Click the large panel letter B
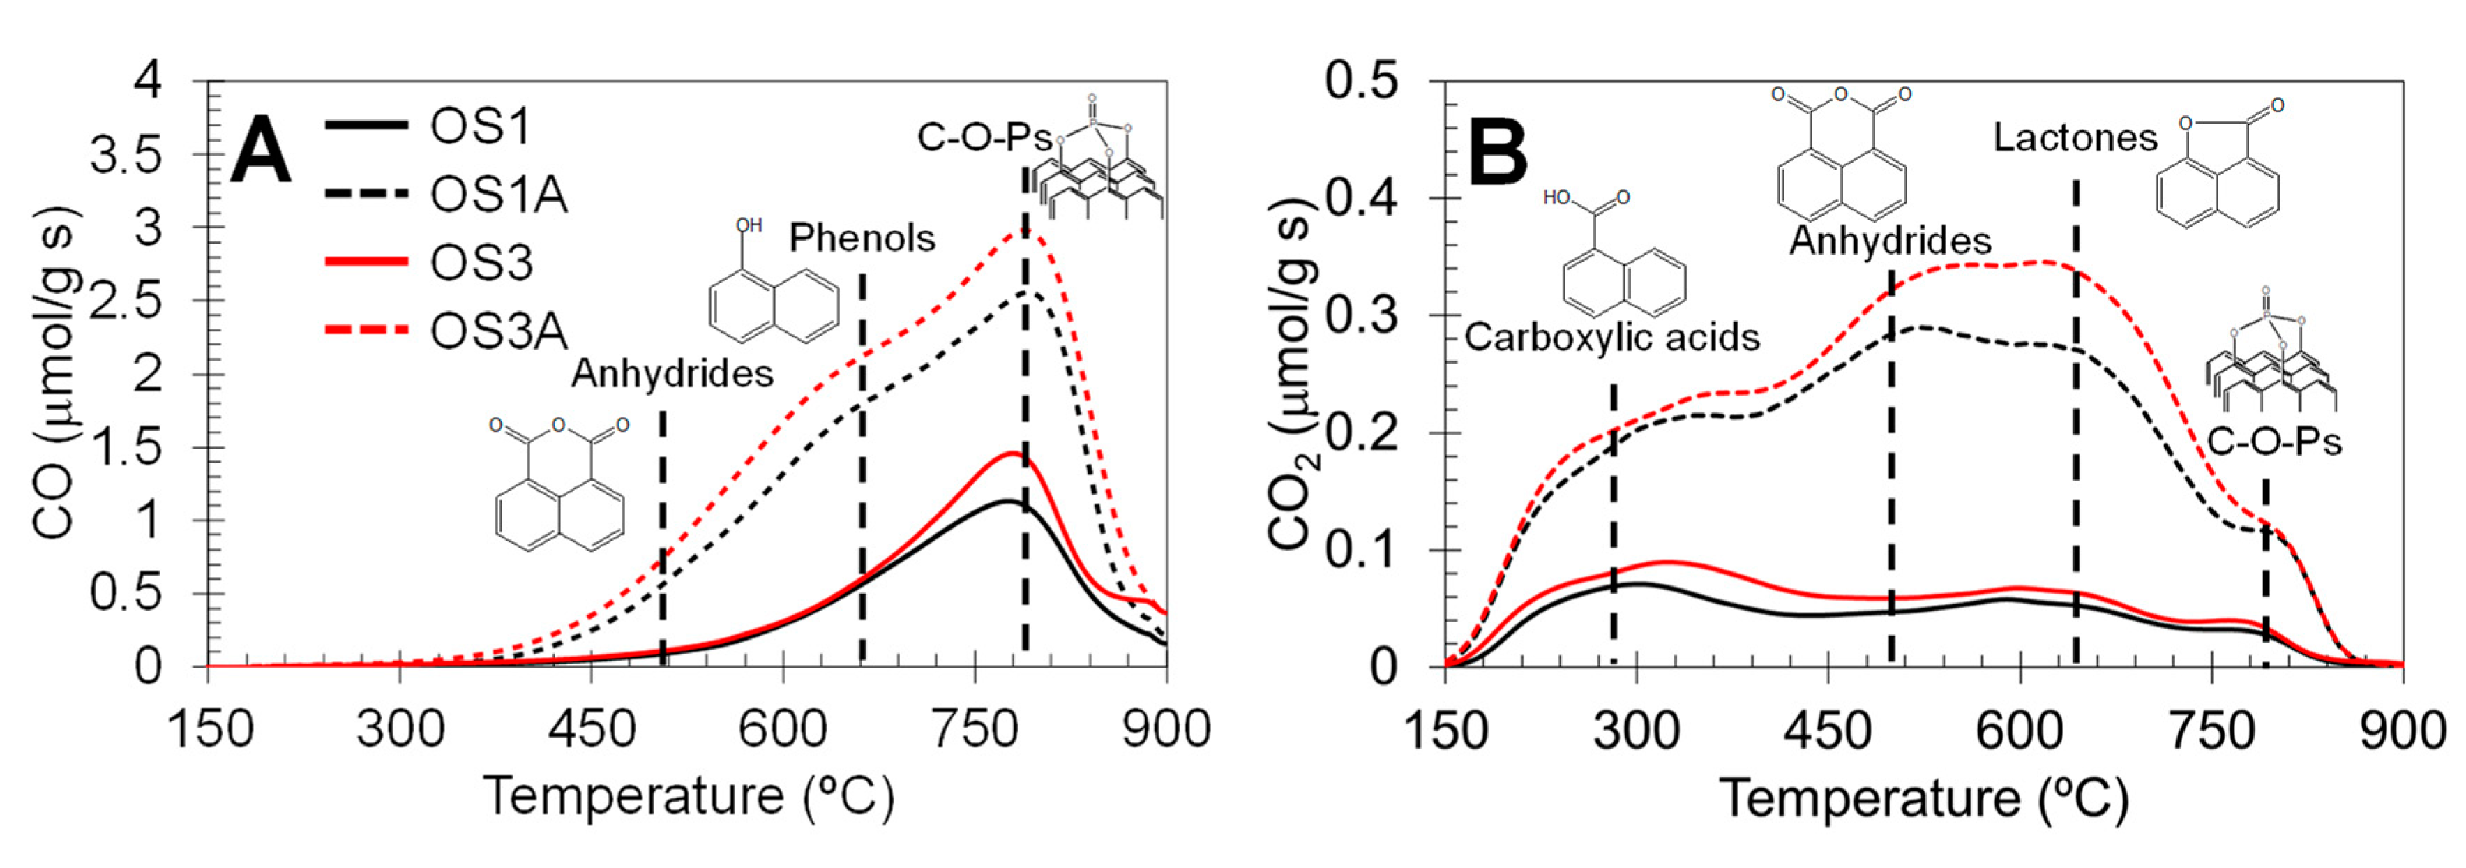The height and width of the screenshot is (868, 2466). (x=1498, y=153)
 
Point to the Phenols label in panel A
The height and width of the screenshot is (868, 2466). (x=862, y=239)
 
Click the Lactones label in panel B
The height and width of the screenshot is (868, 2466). (x=2075, y=138)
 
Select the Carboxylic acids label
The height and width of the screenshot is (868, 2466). (x=1612, y=338)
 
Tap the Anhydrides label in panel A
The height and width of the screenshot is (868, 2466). (x=672, y=374)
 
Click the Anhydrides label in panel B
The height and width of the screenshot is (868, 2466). (x=1890, y=240)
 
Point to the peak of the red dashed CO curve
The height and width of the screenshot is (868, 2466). (x=1024, y=230)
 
